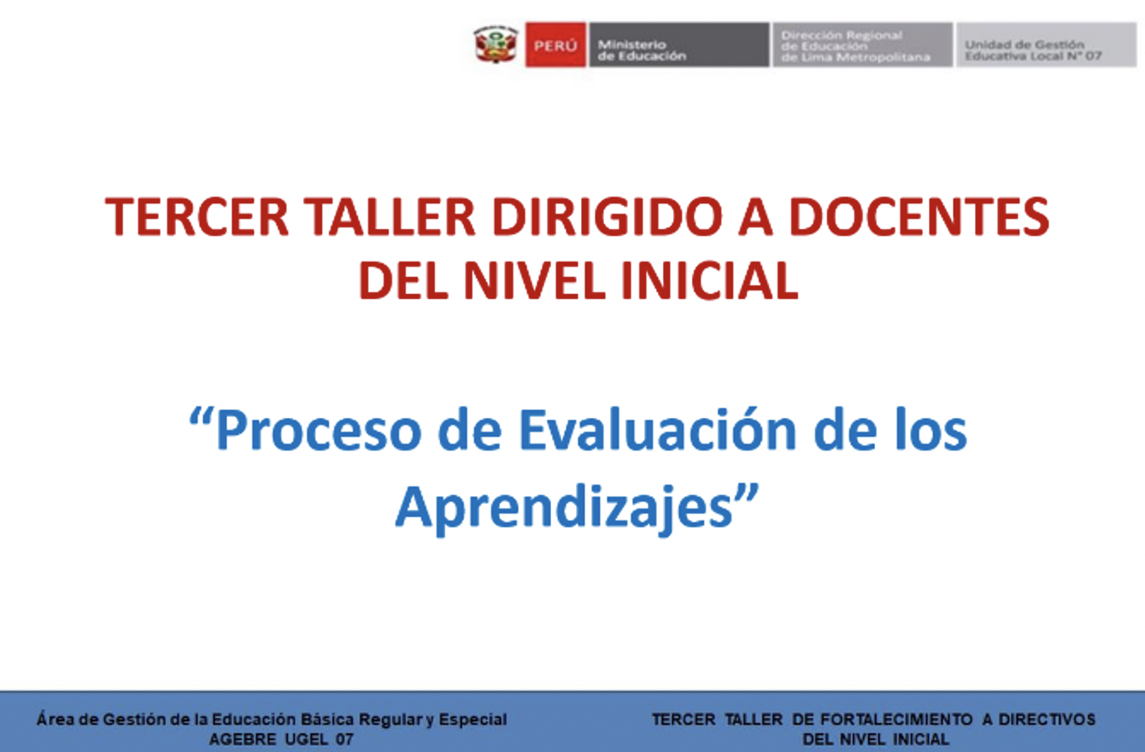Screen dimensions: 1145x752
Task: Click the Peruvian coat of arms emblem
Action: coord(496,44)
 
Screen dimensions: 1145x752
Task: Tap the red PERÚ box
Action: coord(555,44)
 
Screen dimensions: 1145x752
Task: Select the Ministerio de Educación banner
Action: coord(679,44)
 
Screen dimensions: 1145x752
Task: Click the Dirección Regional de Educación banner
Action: coord(862,44)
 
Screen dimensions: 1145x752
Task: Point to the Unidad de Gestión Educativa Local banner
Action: coord(1047,44)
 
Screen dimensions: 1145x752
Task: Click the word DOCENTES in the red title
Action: coord(919,217)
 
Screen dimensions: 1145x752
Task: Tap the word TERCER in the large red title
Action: coord(197,217)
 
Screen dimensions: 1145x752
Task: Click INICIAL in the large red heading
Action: coord(709,280)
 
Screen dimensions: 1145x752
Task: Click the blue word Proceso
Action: coord(319,430)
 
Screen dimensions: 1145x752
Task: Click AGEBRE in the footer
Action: coord(243,739)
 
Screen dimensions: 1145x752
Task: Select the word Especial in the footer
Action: coord(473,720)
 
